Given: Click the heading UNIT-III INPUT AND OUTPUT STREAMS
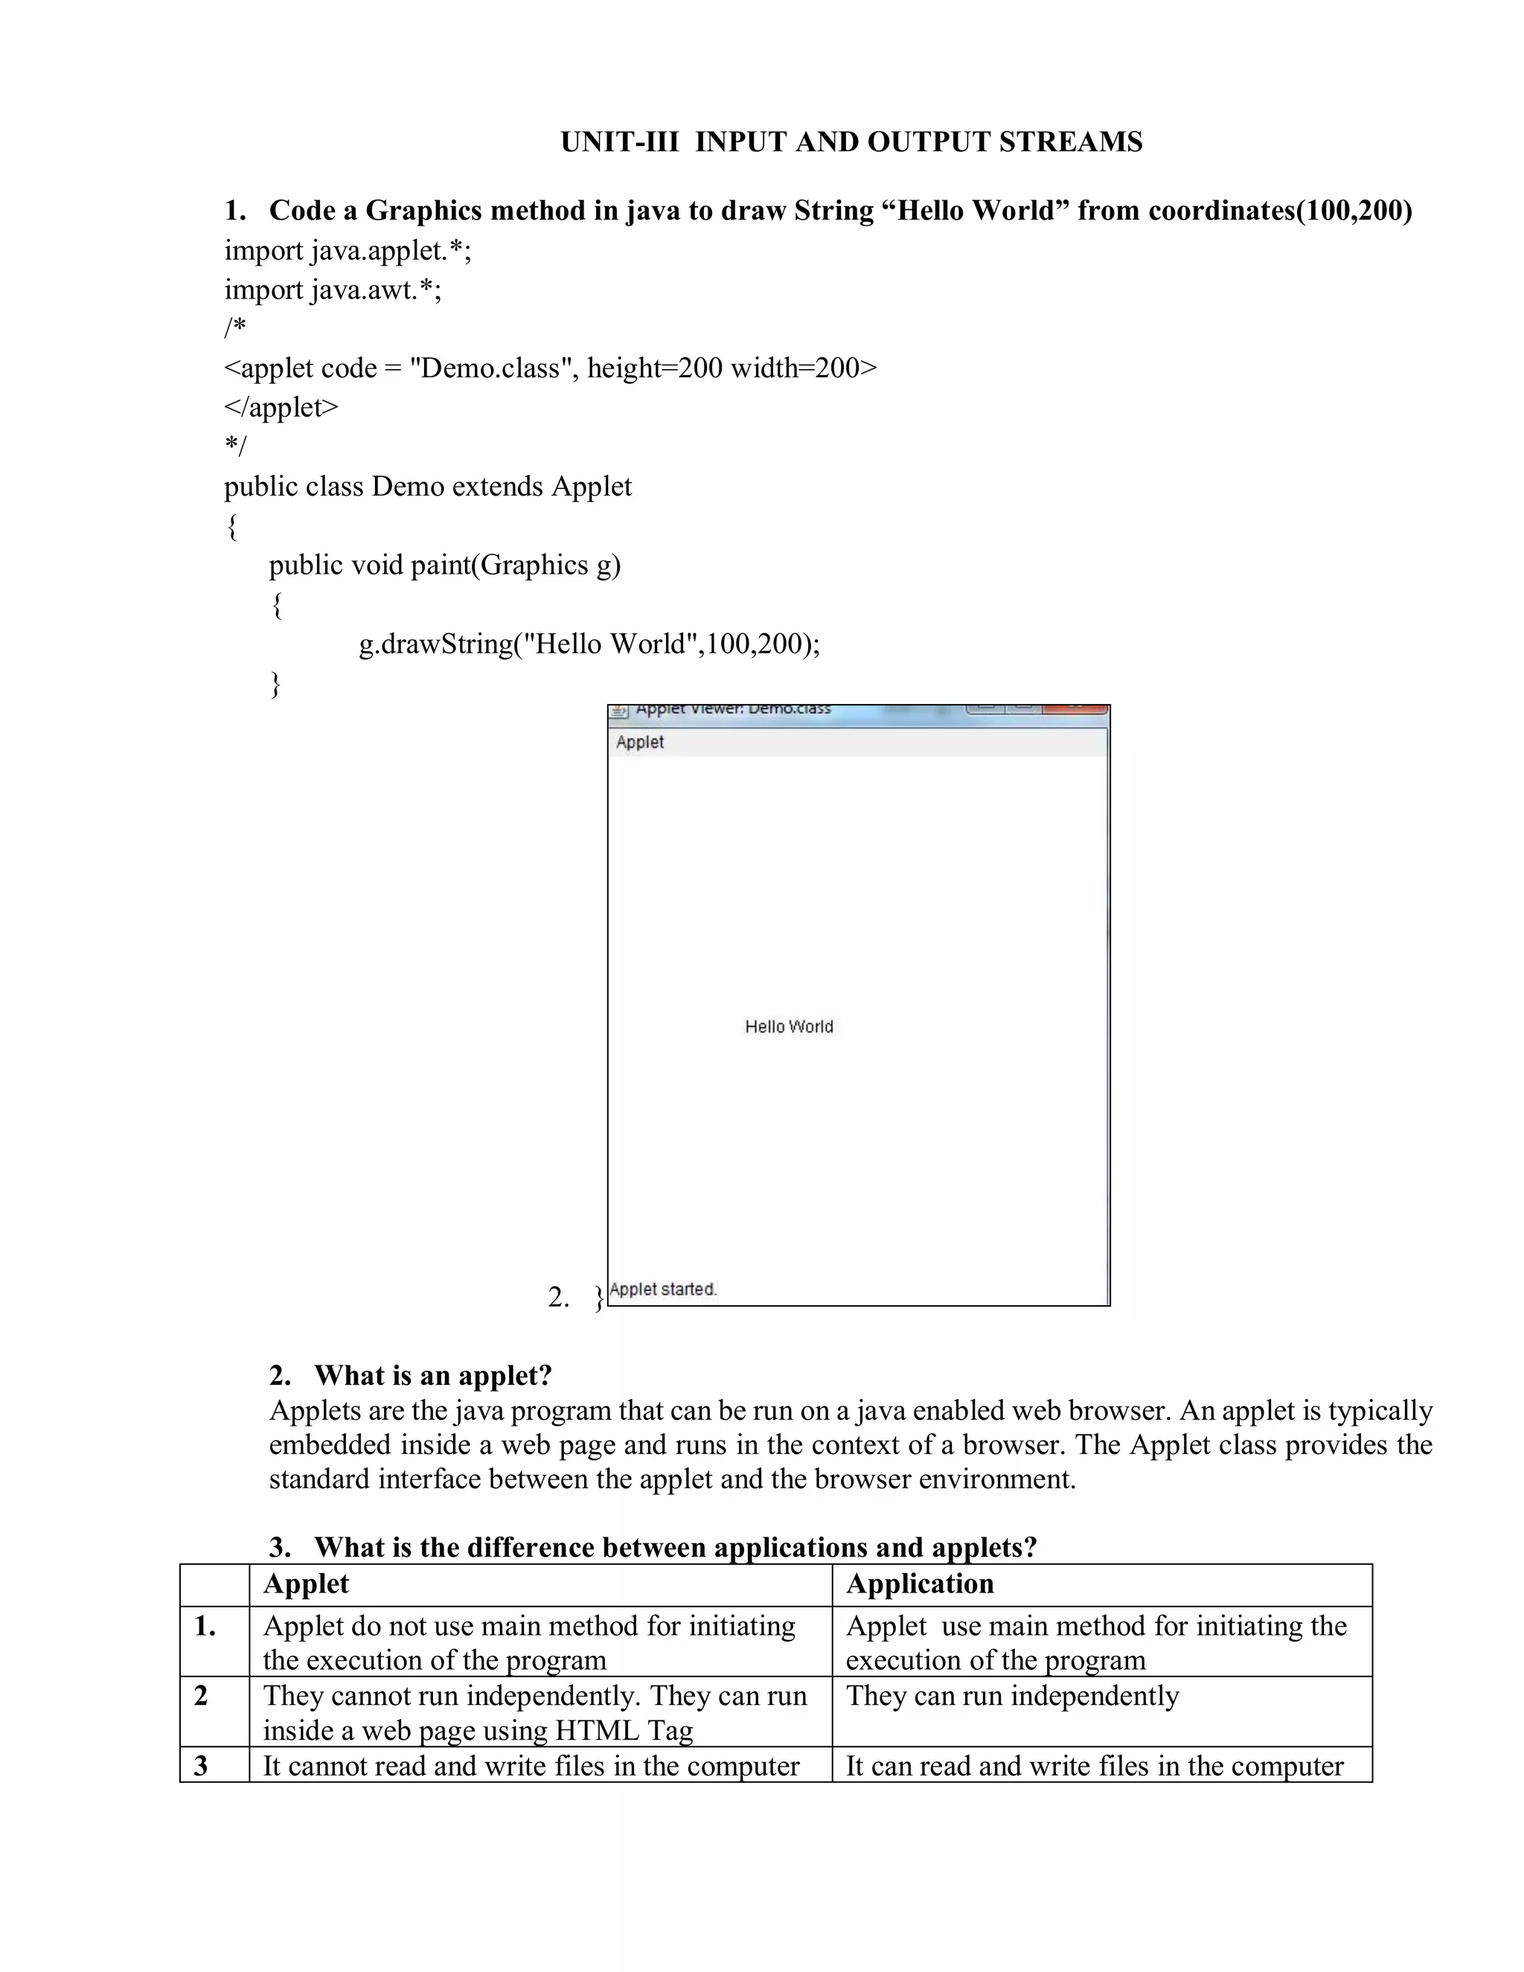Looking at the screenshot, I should coord(851,143).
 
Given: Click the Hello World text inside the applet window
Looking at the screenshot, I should coord(788,1027).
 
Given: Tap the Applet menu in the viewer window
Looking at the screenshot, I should coord(639,742).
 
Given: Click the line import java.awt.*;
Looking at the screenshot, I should coord(333,289).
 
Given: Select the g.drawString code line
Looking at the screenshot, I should coord(589,644).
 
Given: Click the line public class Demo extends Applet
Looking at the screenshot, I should coord(428,487).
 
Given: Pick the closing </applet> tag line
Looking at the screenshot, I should coord(281,407).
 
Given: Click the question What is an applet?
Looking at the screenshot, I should coord(432,1375).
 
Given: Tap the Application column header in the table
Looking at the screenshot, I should coord(919,1584).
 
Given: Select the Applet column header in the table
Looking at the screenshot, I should coord(305,1584).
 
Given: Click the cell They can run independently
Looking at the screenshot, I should coord(1011,1696).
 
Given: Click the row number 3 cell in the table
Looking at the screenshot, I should coord(202,1765).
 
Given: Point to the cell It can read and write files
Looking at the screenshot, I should coord(1093,1766).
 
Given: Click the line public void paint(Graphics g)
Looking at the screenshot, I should coord(444,566).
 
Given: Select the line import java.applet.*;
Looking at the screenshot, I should coord(348,250).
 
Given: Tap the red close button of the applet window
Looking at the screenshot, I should coord(1075,708).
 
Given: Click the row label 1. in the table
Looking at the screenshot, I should coord(205,1626).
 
